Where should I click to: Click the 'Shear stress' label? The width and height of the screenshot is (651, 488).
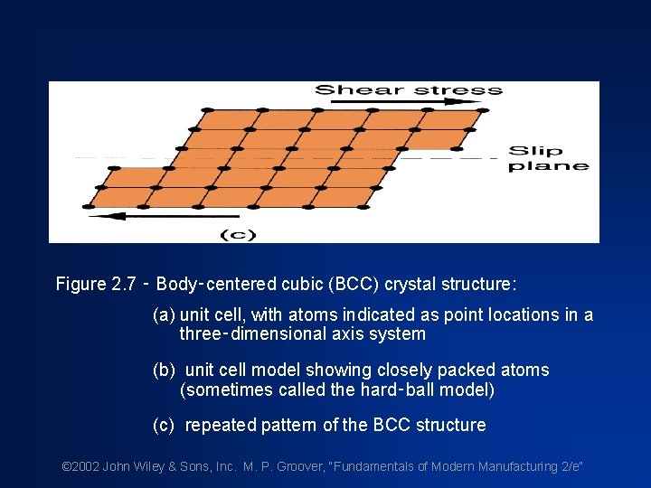[x=408, y=89]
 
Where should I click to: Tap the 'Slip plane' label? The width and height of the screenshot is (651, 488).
[x=548, y=158]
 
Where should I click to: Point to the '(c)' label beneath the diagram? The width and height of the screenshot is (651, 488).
[x=239, y=235]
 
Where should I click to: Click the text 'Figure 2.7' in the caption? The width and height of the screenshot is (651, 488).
[x=94, y=285]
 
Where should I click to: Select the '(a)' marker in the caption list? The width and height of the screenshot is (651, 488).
[x=164, y=315]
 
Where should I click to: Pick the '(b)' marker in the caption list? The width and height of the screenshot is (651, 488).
[x=164, y=371]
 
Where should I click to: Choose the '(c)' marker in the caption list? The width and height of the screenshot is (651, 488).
[x=164, y=426]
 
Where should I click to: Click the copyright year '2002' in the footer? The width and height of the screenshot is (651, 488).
[x=86, y=467]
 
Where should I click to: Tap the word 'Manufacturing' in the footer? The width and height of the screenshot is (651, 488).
[x=517, y=467]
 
